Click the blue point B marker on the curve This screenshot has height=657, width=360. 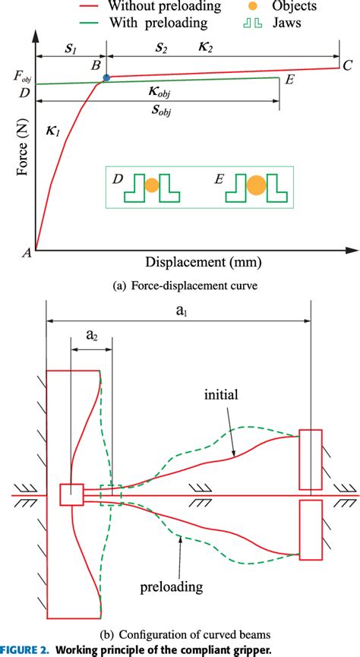pyautogui.click(x=106, y=78)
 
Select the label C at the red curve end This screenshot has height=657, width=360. pyautogui.click(x=346, y=65)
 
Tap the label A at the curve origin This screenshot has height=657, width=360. pyautogui.click(x=27, y=254)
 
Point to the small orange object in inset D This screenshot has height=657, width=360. pyautogui.click(x=152, y=185)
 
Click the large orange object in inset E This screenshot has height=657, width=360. pyautogui.click(x=257, y=185)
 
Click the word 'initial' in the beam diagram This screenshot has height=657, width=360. pyautogui.click(x=221, y=395)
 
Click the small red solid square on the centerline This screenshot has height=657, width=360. pyautogui.click(x=71, y=494)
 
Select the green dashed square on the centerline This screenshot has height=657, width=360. pyautogui.click(x=111, y=494)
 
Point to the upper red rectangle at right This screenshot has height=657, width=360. pyautogui.click(x=311, y=459)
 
